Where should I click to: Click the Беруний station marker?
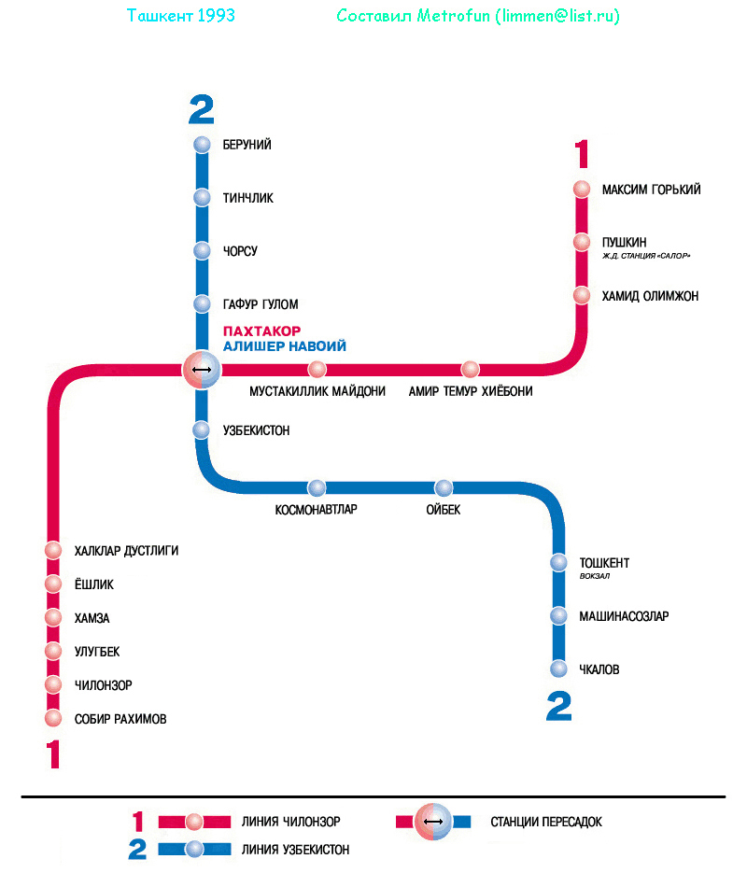(202, 145)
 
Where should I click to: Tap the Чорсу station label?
(240, 252)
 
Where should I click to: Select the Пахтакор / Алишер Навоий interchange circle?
(202, 371)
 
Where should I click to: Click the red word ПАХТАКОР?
(262, 331)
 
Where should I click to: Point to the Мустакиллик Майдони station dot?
(317, 370)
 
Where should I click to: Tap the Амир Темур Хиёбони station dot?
(470, 370)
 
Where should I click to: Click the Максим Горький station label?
(651, 190)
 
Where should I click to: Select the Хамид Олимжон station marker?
(582, 296)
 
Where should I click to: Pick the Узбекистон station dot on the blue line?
(202, 430)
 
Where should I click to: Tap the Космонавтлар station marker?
(317, 488)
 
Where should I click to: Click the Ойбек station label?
(444, 510)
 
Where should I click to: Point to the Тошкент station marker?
(558, 563)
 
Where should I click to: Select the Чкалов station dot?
(558, 669)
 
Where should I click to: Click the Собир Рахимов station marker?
(53, 719)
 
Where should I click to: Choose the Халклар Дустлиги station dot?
(53, 551)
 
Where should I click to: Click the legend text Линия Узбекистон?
(295, 850)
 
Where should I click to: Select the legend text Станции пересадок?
(546, 823)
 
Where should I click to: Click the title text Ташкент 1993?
(180, 17)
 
